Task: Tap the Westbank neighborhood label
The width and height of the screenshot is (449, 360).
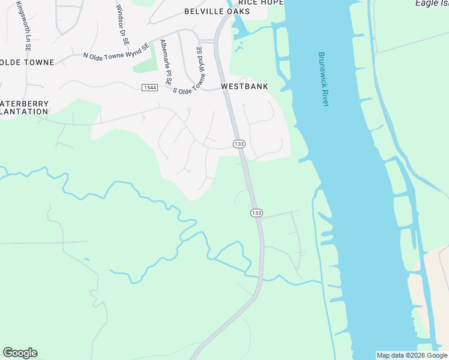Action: (244, 86)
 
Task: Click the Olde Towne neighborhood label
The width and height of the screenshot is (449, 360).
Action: (27, 62)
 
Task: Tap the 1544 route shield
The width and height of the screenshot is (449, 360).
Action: (149, 88)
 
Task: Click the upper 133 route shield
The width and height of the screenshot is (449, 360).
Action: (239, 144)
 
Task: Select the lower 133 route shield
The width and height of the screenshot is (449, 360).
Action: (256, 213)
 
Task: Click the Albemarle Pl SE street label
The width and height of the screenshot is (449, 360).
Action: (166, 62)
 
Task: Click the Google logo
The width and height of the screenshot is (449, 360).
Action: (20, 353)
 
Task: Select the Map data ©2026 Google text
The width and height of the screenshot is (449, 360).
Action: (412, 355)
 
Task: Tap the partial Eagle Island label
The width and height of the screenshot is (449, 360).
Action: (432, 3)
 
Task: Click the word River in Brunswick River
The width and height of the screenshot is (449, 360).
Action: (325, 98)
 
